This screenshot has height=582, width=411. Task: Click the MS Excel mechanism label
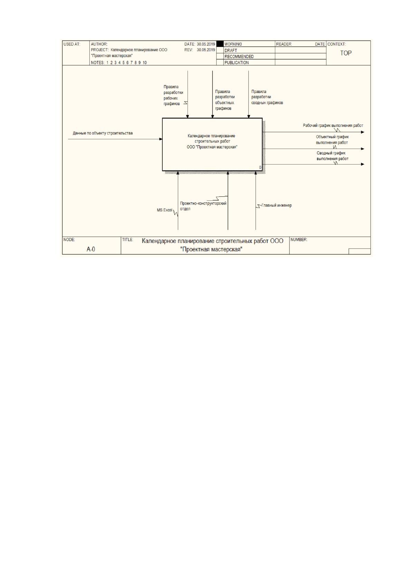164,210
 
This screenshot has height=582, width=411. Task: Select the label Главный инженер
277,205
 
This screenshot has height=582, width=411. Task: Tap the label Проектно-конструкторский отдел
203,206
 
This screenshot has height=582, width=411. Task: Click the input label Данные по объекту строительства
103,133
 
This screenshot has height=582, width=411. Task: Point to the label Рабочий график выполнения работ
333,125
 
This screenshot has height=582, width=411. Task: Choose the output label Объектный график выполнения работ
332,140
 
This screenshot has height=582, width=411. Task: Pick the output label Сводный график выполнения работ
332,156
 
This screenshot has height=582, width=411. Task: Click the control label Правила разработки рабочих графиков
173,95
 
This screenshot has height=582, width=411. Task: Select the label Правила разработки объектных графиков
225,100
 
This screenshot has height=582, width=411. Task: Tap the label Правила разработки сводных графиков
267,97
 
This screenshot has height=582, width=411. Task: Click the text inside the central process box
212,141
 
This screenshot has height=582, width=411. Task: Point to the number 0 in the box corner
260,167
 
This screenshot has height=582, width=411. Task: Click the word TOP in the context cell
346,53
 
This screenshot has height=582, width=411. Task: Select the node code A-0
90,249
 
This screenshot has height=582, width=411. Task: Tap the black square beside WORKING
220,44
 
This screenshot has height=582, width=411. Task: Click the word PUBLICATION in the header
237,63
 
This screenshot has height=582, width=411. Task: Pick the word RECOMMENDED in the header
239,56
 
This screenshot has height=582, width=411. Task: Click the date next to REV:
206,50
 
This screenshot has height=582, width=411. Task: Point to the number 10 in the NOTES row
145,63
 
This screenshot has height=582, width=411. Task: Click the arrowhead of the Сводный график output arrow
362,164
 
